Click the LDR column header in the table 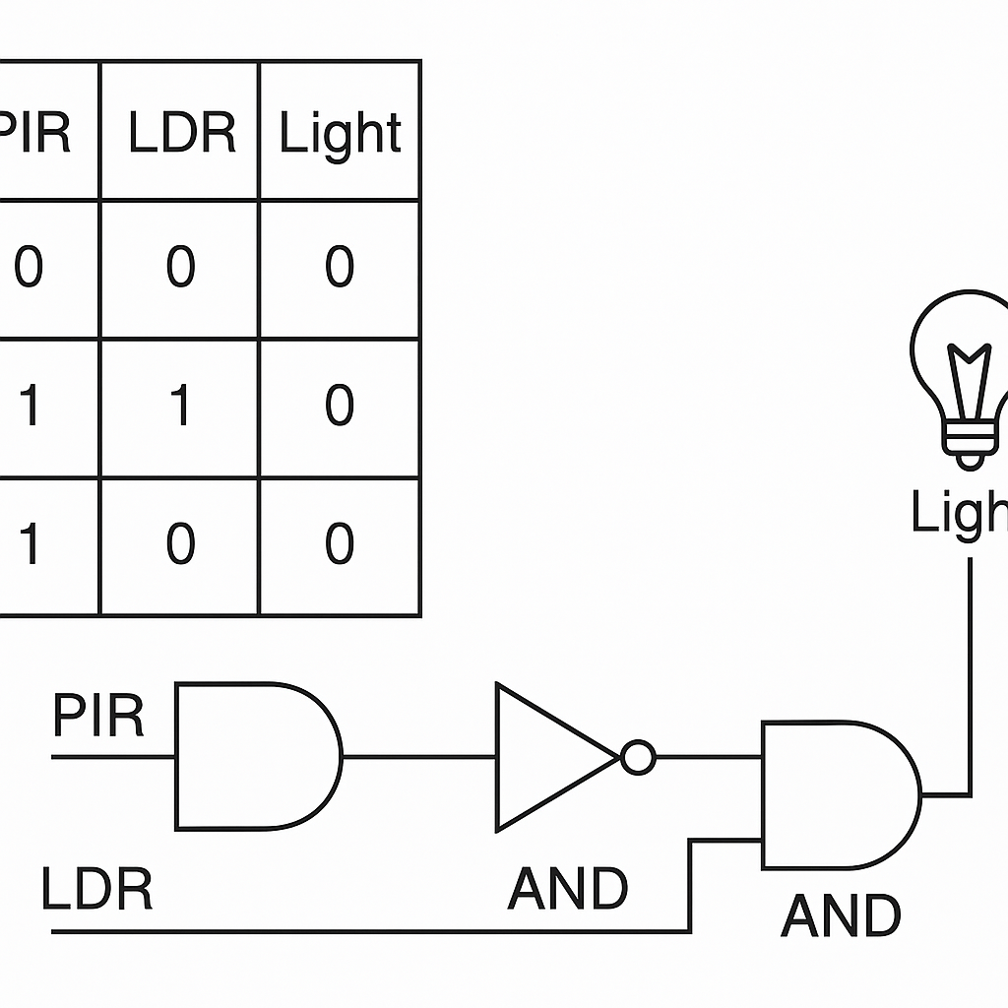pos(182,132)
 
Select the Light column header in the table pos(340,134)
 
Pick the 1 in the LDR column pos(180,407)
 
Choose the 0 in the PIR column pos(29,268)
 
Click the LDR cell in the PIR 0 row pos(180,268)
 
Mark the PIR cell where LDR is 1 pos(29,407)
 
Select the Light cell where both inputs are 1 pos(340,407)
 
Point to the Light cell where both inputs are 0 pos(340,268)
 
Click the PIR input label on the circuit pos(97,716)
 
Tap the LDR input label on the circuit pos(97,889)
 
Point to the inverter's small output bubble pos(638,757)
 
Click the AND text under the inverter pos(568,890)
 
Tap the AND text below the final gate pos(841,916)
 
